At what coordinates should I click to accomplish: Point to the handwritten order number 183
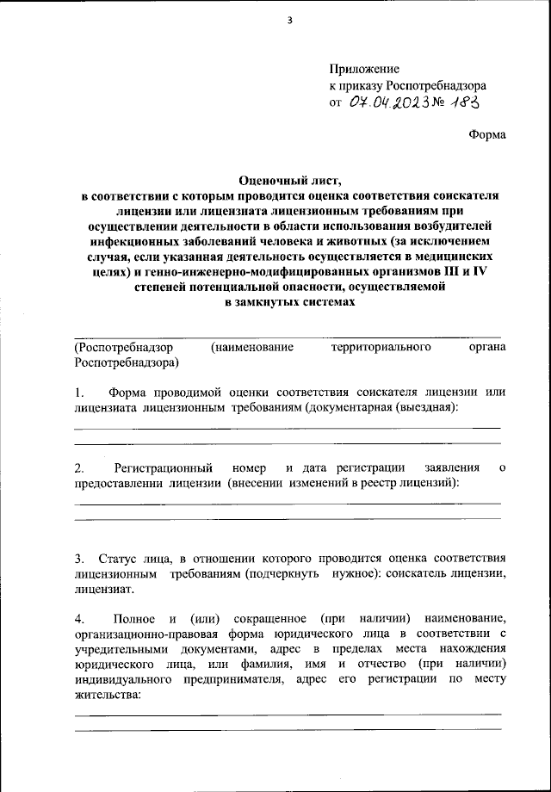[461, 102]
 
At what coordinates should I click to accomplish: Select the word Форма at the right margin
[488, 134]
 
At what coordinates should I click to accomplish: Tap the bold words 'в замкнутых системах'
[289, 303]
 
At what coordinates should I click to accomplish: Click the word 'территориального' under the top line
[381, 348]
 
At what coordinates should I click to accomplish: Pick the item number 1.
[78, 393]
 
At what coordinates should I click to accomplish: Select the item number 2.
[78, 468]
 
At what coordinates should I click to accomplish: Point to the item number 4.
[78, 620]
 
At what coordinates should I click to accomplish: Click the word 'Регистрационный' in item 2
[163, 468]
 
